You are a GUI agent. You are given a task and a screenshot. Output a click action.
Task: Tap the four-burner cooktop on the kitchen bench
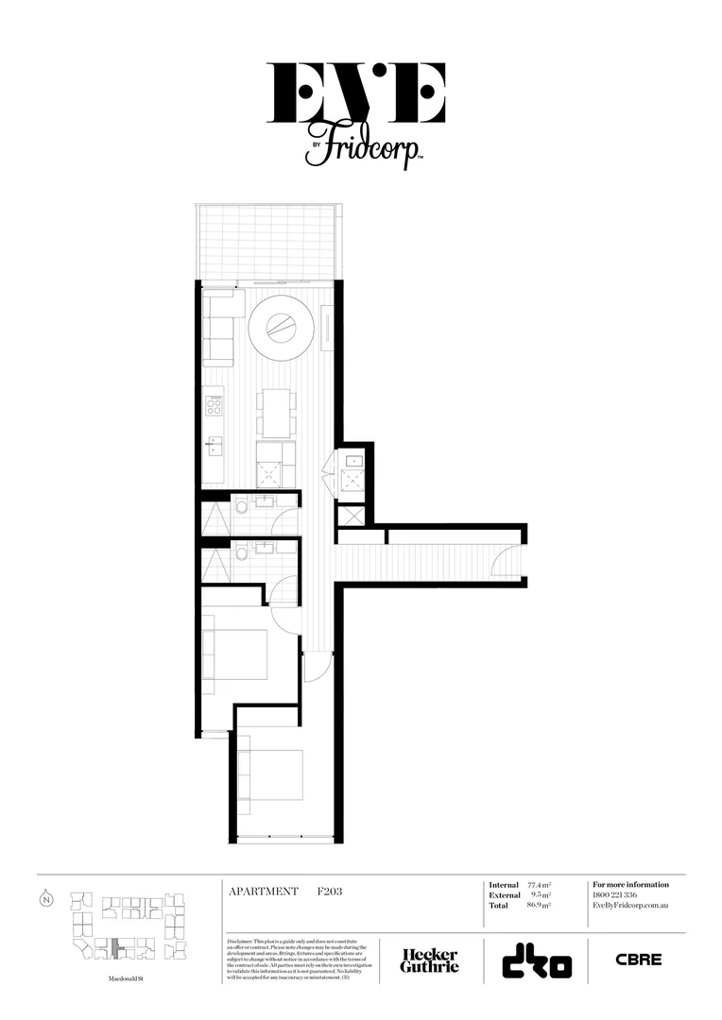[215, 407]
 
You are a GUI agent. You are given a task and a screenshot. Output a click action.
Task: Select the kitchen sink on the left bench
[215, 445]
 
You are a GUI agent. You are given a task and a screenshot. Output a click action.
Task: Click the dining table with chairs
[276, 413]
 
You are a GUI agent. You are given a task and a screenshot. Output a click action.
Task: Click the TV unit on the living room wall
[327, 331]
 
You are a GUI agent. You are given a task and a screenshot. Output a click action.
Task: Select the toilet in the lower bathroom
[241, 552]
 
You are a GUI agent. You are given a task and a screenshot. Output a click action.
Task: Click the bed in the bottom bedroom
[272, 781]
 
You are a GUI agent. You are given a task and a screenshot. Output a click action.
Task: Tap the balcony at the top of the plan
[266, 242]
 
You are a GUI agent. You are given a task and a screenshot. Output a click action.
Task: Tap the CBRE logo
[639, 960]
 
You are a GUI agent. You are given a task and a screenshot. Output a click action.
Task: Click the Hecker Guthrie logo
[430, 960]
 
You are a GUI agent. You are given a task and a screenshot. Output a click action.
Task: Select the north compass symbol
[46, 898]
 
